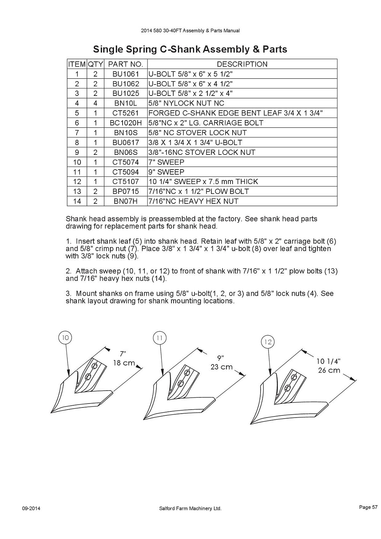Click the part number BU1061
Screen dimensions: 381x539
[x=126, y=74]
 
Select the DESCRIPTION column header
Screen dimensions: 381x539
[x=242, y=64]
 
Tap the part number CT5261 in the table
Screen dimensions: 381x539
[x=126, y=113]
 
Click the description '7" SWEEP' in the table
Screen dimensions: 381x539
[x=166, y=162]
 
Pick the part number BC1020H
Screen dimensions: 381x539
[x=126, y=123]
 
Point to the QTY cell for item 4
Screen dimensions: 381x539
[x=95, y=103]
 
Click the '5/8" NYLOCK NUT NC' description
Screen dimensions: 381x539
[x=186, y=103]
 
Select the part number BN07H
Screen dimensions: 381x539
[x=126, y=201]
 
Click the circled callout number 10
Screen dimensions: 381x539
[x=65, y=338]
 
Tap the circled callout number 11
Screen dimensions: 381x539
[x=160, y=338]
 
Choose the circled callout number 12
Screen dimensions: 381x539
[x=268, y=342]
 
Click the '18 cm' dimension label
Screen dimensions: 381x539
[x=124, y=363]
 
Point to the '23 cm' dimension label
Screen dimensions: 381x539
[x=221, y=367]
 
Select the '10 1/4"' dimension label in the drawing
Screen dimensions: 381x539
[x=329, y=361]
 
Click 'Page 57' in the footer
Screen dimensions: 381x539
[x=368, y=507]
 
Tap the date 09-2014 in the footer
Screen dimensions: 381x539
[x=31, y=508]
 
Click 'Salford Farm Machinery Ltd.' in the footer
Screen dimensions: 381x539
[x=190, y=508]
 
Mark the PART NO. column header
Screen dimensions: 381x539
[x=126, y=64]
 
